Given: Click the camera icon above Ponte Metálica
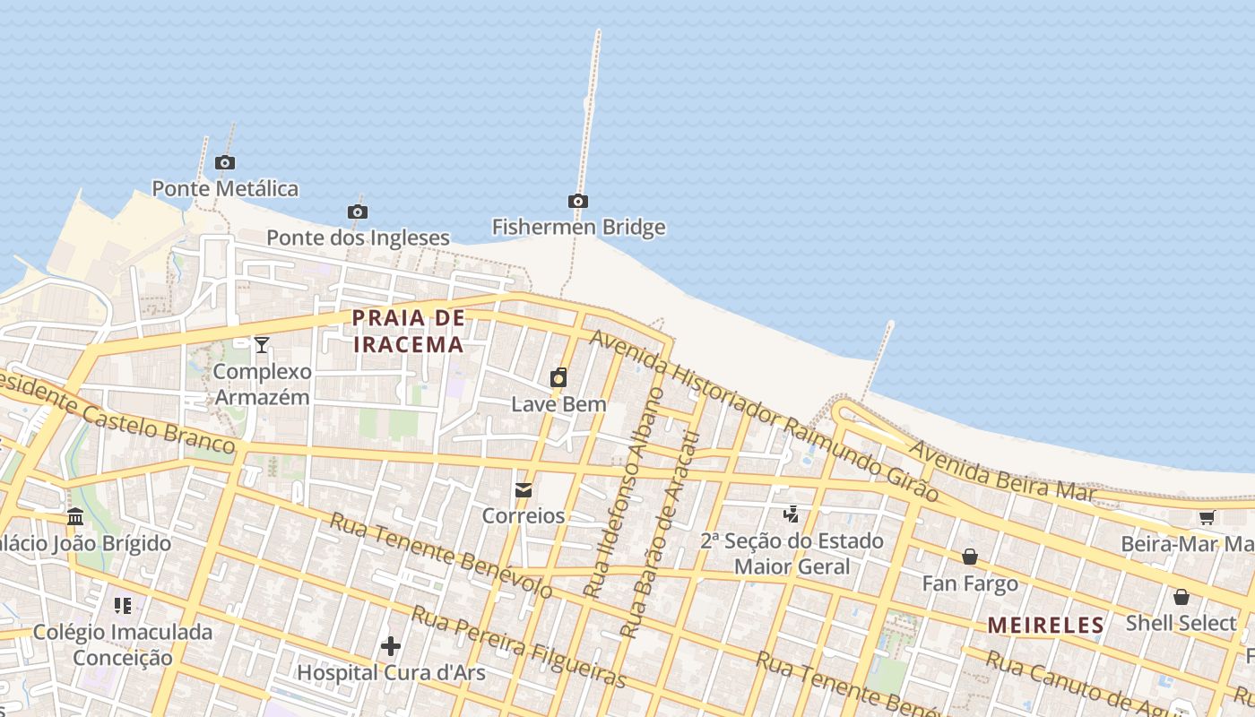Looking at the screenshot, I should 225,162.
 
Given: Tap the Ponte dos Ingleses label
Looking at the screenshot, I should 358,238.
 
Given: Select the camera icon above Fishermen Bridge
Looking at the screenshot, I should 578,201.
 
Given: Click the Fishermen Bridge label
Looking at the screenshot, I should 578,227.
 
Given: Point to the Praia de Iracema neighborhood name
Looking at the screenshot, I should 409,331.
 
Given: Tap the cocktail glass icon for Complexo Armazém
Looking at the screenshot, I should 262,345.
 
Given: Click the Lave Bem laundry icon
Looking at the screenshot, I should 558,377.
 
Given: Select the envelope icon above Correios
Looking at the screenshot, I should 524,490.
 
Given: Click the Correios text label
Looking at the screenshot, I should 524,515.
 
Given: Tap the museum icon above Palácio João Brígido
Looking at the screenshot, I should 75,517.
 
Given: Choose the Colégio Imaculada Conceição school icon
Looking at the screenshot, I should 123,605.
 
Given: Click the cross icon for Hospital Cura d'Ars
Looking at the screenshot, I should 391,645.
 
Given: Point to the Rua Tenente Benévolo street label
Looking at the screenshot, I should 440,555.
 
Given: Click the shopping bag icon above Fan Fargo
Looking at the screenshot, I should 970,557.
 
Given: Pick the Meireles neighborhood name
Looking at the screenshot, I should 1046,626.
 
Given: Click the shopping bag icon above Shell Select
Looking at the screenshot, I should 1181,597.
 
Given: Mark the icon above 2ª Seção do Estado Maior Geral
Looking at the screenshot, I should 791,514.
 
